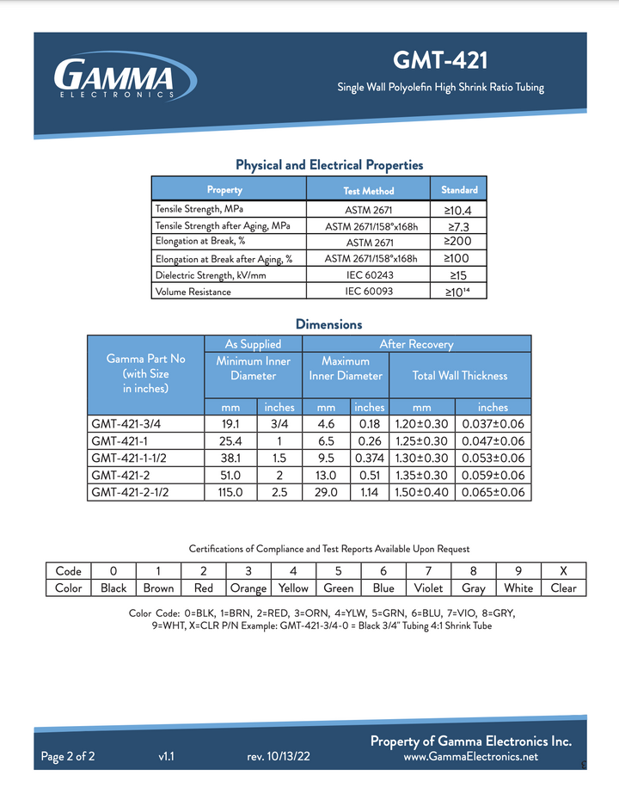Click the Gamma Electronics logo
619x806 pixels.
[x=114, y=78]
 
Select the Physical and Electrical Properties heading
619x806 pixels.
[x=329, y=165]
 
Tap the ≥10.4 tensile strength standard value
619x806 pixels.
[x=458, y=209]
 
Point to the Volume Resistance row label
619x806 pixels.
[x=193, y=292]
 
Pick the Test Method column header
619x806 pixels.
[x=368, y=190]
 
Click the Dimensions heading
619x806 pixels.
[x=328, y=324]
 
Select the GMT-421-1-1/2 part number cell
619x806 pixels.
[x=132, y=458]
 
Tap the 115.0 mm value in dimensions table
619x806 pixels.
[x=230, y=493]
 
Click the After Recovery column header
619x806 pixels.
[x=416, y=344]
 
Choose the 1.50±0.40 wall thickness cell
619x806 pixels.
[x=422, y=493]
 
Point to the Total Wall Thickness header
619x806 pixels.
[x=460, y=375]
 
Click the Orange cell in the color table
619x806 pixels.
[x=248, y=588]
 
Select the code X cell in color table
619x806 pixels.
[x=563, y=571]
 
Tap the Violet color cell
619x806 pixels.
[x=428, y=588]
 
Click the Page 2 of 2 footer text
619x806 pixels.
[x=68, y=757]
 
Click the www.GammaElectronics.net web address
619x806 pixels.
[x=470, y=757]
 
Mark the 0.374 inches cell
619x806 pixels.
[x=370, y=458]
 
